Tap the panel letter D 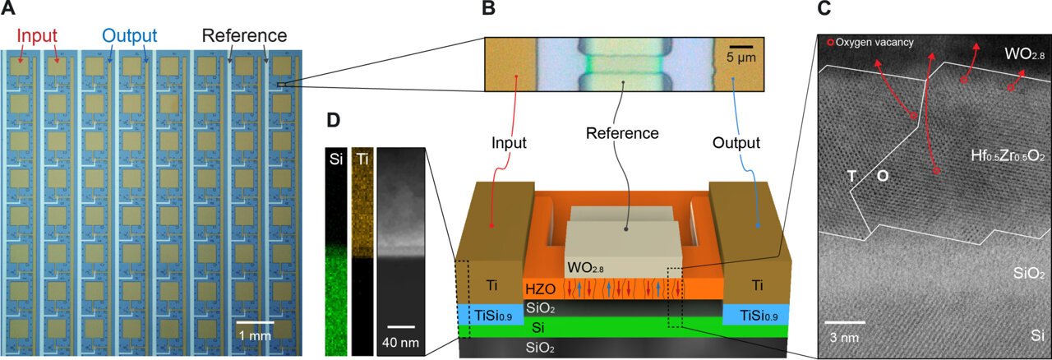(333, 120)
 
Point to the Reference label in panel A (244, 36)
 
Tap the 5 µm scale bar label (741, 60)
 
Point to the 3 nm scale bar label (845, 336)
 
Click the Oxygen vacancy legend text (874, 42)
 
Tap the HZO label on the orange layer (540, 288)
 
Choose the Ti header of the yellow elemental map (362, 159)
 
